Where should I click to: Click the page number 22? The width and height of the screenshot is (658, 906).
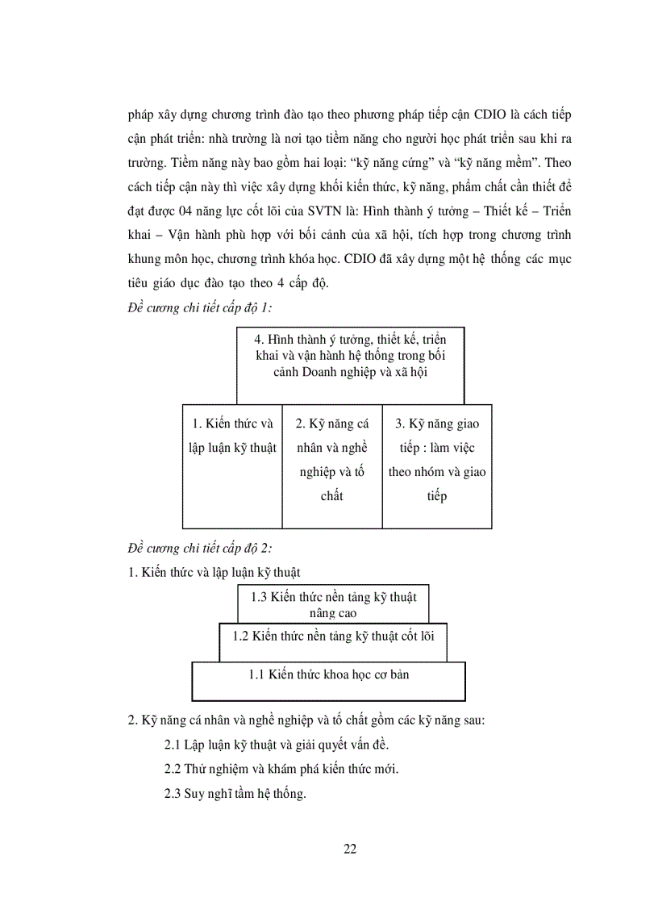point(350,848)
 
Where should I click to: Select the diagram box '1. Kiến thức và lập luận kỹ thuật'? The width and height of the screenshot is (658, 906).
point(233,466)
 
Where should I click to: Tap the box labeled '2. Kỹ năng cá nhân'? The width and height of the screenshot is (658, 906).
point(331,466)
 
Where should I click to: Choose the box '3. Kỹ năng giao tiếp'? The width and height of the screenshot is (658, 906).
point(436,466)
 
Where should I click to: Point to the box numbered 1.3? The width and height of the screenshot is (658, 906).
point(332,604)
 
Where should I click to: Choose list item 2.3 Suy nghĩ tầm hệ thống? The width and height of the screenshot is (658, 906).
point(235,794)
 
